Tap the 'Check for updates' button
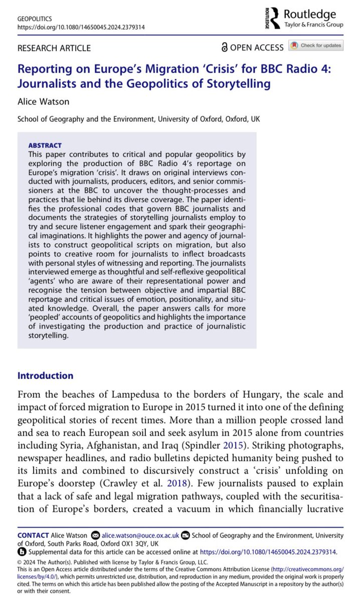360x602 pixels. (316, 46)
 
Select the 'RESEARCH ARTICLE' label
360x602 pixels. (54, 48)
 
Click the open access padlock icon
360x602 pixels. (224, 48)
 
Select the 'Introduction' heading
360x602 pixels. (45, 376)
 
